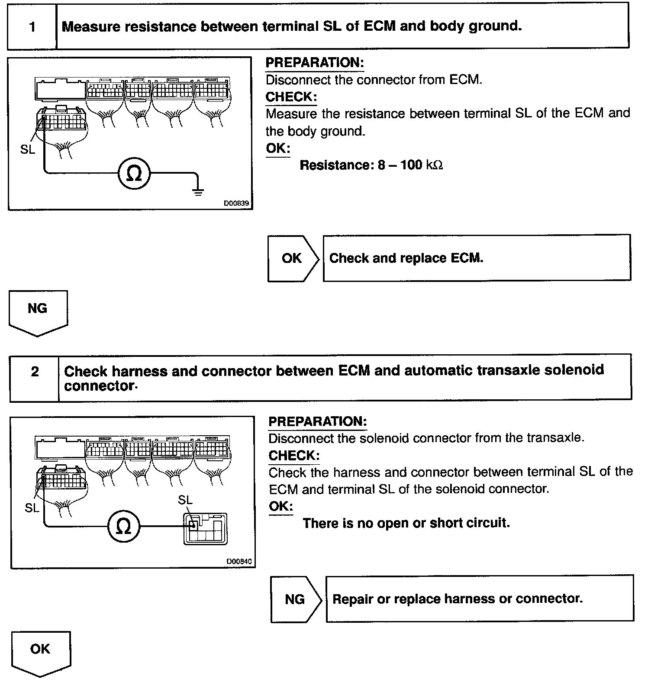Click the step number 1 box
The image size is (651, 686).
point(32,27)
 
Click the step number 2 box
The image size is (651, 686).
point(35,372)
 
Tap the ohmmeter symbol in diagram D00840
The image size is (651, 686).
point(124,527)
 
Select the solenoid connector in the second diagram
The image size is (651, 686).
point(205,528)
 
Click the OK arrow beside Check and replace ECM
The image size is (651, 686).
point(293,259)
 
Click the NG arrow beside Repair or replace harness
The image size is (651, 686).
point(296,599)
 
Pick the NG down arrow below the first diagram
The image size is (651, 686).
point(38,312)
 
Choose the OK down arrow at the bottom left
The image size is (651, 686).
point(40,652)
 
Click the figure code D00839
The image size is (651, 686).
point(236,203)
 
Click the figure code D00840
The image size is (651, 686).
point(239,561)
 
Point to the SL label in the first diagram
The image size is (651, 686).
point(28,150)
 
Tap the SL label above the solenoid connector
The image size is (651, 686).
point(185,500)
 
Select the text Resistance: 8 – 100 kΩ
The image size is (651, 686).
point(371,165)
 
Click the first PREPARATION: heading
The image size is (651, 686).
point(315,63)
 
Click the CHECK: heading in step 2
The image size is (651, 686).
point(294,456)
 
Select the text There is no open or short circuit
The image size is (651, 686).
point(406,523)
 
